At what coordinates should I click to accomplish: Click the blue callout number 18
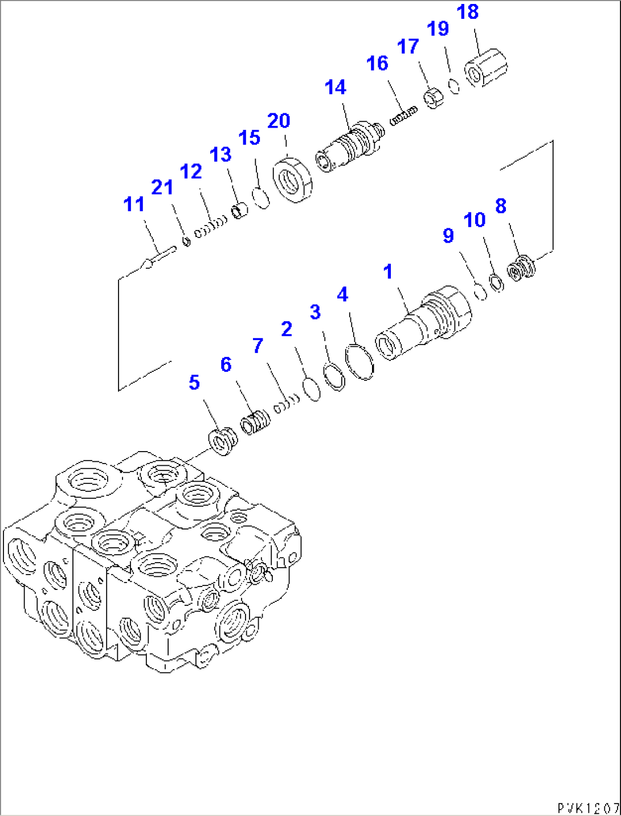(468, 12)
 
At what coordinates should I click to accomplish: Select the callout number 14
(336, 88)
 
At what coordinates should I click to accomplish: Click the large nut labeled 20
(293, 181)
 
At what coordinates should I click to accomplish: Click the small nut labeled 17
(434, 99)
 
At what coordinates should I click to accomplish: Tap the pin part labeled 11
(158, 257)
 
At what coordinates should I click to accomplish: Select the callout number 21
(162, 187)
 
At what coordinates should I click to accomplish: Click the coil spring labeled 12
(211, 227)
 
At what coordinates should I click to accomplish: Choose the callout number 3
(315, 312)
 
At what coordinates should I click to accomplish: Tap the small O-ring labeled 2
(311, 389)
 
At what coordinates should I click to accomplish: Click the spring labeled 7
(286, 403)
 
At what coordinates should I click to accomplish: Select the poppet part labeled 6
(256, 423)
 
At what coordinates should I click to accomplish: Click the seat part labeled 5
(222, 441)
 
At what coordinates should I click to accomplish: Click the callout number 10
(474, 220)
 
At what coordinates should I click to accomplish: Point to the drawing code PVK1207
(588, 808)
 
